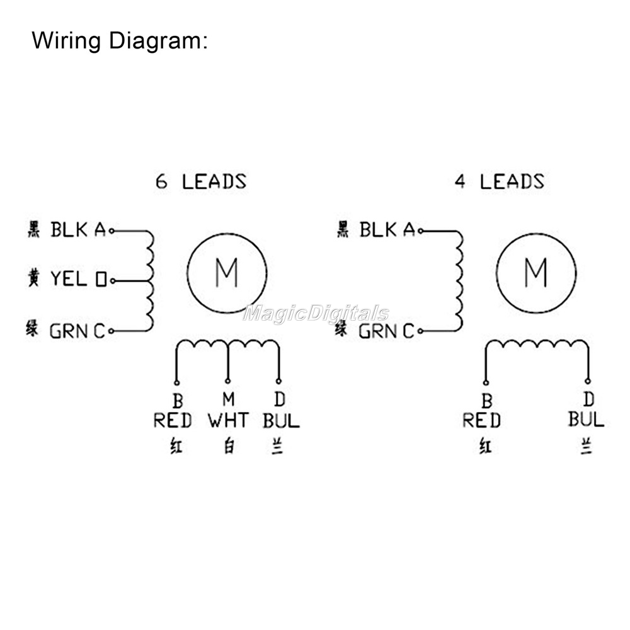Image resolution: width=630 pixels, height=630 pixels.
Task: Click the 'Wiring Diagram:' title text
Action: click(x=120, y=41)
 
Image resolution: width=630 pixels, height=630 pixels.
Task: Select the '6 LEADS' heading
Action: click(x=201, y=182)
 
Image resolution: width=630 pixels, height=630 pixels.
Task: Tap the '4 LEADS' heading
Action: click(x=499, y=182)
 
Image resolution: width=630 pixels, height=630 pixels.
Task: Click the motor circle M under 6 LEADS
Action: click(x=227, y=273)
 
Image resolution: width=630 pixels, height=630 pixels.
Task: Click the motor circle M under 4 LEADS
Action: click(x=535, y=273)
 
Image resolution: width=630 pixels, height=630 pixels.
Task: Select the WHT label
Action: click(x=227, y=420)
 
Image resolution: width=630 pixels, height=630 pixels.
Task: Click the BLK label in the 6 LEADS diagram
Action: click(x=69, y=230)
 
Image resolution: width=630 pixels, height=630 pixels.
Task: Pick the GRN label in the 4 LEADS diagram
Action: click(x=378, y=331)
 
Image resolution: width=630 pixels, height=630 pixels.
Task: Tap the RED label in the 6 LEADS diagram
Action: click(x=172, y=420)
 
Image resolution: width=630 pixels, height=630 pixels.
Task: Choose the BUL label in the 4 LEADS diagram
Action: click(x=586, y=419)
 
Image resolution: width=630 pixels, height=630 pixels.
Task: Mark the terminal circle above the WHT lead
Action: click(x=227, y=381)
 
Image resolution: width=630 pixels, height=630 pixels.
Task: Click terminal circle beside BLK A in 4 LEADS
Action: click(x=421, y=231)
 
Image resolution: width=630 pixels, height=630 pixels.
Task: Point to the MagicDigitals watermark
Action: click(x=316, y=314)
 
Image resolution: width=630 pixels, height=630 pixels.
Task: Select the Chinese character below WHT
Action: click(x=227, y=446)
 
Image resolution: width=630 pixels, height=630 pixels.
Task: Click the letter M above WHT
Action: click(x=228, y=399)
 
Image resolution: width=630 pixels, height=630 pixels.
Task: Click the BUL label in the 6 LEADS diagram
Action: click(x=281, y=420)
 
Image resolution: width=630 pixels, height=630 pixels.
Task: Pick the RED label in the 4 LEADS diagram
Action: click(x=481, y=420)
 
